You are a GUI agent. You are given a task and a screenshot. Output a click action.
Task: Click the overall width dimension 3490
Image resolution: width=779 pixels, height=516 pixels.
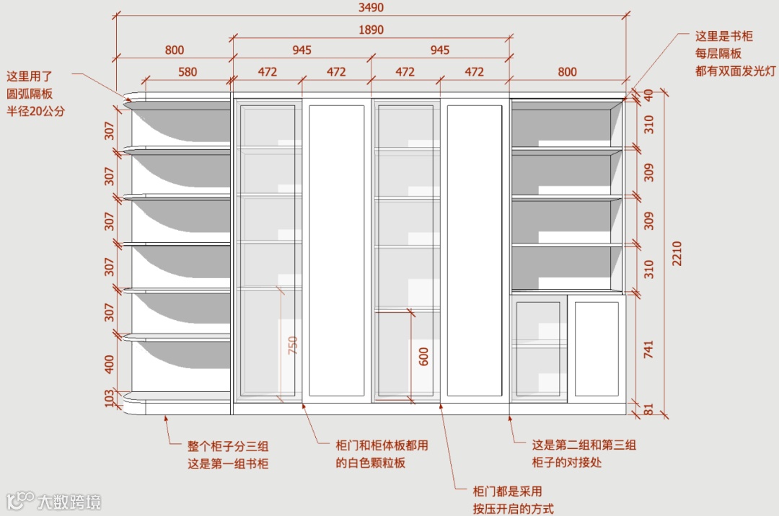pyautogui.click(x=371, y=8)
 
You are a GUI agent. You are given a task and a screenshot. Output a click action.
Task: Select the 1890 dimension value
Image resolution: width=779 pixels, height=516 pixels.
pyautogui.click(x=371, y=30)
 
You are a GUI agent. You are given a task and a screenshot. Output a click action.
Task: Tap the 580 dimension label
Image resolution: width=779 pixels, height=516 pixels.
pyautogui.click(x=188, y=72)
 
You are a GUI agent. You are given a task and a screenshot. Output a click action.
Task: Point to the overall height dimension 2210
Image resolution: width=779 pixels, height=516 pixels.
pyautogui.click(x=676, y=254)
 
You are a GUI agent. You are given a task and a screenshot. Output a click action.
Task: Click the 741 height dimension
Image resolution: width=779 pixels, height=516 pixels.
pyautogui.click(x=648, y=350)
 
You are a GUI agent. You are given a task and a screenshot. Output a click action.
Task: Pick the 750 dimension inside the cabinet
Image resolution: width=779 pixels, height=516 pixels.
pyautogui.click(x=292, y=345)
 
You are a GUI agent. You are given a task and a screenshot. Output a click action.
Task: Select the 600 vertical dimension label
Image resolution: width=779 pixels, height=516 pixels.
pyautogui.click(x=423, y=356)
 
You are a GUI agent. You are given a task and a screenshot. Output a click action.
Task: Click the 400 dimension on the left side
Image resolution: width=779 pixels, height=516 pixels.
pyautogui.click(x=110, y=363)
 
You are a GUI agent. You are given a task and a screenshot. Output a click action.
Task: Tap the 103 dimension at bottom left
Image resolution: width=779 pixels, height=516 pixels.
pyautogui.click(x=110, y=399)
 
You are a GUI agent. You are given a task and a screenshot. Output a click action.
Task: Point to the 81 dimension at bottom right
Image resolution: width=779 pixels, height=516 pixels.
pyautogui.click(x=648, y=410)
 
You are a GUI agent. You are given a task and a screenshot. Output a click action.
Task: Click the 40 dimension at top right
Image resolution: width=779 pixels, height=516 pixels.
pyautogui.click(x=648, y=94)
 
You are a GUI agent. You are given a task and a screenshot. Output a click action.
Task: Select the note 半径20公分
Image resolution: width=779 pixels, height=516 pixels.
pyautogui.click(x=35, y=111)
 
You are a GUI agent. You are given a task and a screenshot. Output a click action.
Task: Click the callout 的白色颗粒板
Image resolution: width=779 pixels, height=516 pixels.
pyautogui.click(x=371, y=463)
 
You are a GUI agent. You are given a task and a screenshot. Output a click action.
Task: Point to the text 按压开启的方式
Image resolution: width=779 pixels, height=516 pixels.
pyautogui.click(x=513, y=509)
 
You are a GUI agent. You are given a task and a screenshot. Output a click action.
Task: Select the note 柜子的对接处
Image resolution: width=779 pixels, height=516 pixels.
pyautogui.click(x=566, y=463)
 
